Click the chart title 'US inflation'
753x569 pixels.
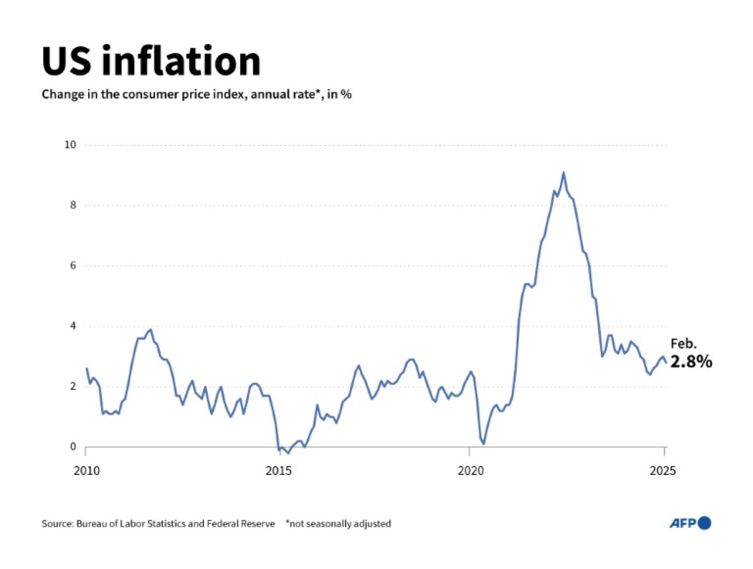coord(151,61)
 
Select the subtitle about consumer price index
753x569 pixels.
coord(196,95)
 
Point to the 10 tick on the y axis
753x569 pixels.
coord(70,145)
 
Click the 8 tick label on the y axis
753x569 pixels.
coord(72,205)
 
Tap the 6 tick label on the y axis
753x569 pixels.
coord(72,265)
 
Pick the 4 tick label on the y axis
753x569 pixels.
coord(72,326)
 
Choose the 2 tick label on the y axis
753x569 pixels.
coord(72,387)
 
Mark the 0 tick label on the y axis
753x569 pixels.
coord(72,447)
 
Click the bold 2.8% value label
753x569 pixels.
coord(691,363)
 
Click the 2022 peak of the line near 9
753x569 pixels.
coord(563,173)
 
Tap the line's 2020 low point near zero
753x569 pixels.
coord(484,444)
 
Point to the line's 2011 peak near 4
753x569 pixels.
coord(151,329)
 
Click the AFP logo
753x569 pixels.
coord(690,523)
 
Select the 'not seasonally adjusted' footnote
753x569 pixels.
coord(338,524)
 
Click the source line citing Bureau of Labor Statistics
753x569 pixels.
coord(158,524)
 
